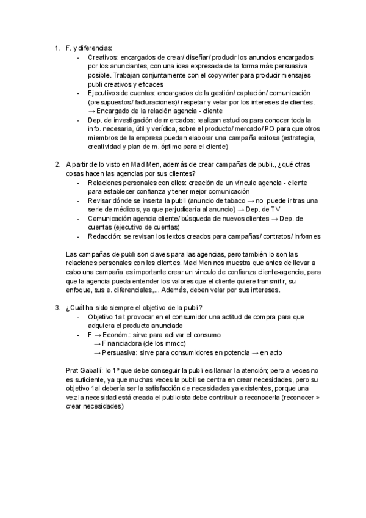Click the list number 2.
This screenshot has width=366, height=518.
(56, 164)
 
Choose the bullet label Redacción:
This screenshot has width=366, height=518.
(105, 236)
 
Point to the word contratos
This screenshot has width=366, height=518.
(258, 236)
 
